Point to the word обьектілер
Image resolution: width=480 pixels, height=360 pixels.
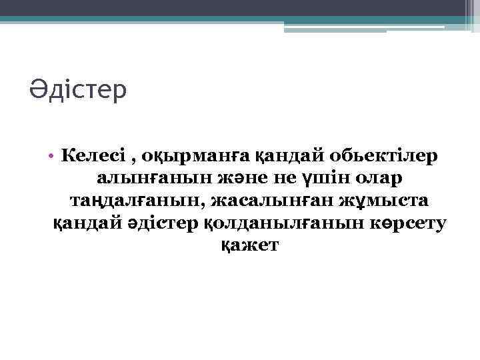(x=383, y=156)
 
